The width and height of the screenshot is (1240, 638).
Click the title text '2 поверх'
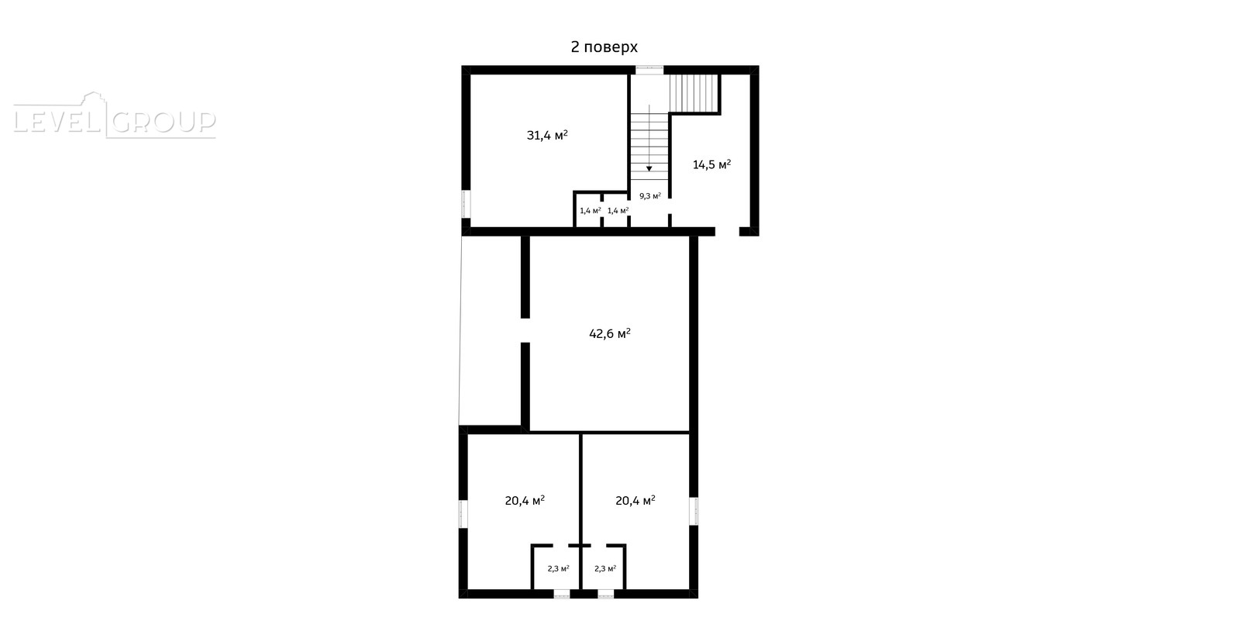click(604, 47)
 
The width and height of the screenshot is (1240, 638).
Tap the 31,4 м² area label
click(547, 135)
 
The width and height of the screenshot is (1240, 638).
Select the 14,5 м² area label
click(712, 164)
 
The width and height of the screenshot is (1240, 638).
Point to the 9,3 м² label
click(650, 196)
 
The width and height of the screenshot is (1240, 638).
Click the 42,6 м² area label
click(609, 333)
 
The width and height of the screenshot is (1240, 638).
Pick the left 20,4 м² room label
click(525, 501)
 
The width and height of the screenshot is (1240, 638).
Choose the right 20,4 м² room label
click(635, 501)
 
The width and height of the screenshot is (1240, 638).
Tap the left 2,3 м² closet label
click(558, 569)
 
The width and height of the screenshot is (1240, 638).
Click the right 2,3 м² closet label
click(605, 569)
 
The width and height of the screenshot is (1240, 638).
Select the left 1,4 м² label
click(590, 210)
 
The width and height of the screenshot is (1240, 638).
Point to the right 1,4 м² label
click(618, 210)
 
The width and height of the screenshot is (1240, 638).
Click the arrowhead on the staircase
click(649, 168)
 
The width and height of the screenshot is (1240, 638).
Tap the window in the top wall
click(649, 70)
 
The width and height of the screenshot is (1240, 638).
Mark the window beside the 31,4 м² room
click(466, 205)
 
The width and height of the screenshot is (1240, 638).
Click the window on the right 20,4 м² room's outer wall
click(694, 511)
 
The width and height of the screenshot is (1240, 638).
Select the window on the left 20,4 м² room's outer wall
click(463, 514)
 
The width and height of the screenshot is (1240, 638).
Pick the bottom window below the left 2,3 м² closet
click(562, 595)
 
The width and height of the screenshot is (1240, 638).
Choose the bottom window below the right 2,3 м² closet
click(605, 595)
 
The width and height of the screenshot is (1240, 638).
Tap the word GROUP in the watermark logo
click(164, 122)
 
